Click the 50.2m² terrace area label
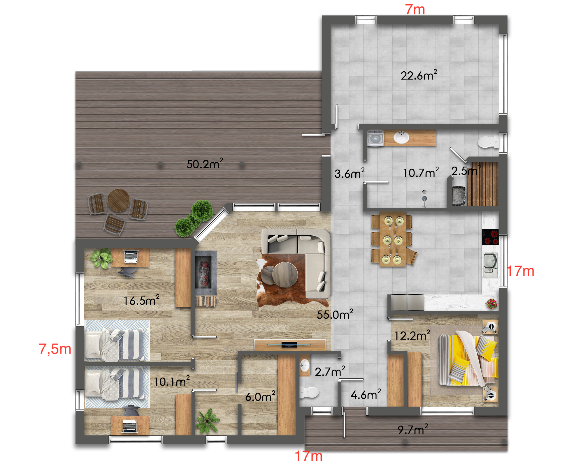coord(205,164)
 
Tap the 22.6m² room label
coord(419,75)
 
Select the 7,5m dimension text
coord(55,349)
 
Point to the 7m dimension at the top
coord(415,9)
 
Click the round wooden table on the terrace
coord(118,200)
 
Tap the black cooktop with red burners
coord(490,237)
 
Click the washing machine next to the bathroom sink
coord(375,138)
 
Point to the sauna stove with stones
coord(459,195)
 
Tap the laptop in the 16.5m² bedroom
coord(131,257)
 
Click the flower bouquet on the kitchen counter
coord(491,303)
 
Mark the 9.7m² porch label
coord(413,429)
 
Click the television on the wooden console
coord(289,345)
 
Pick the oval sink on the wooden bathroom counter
coord(401,137)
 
